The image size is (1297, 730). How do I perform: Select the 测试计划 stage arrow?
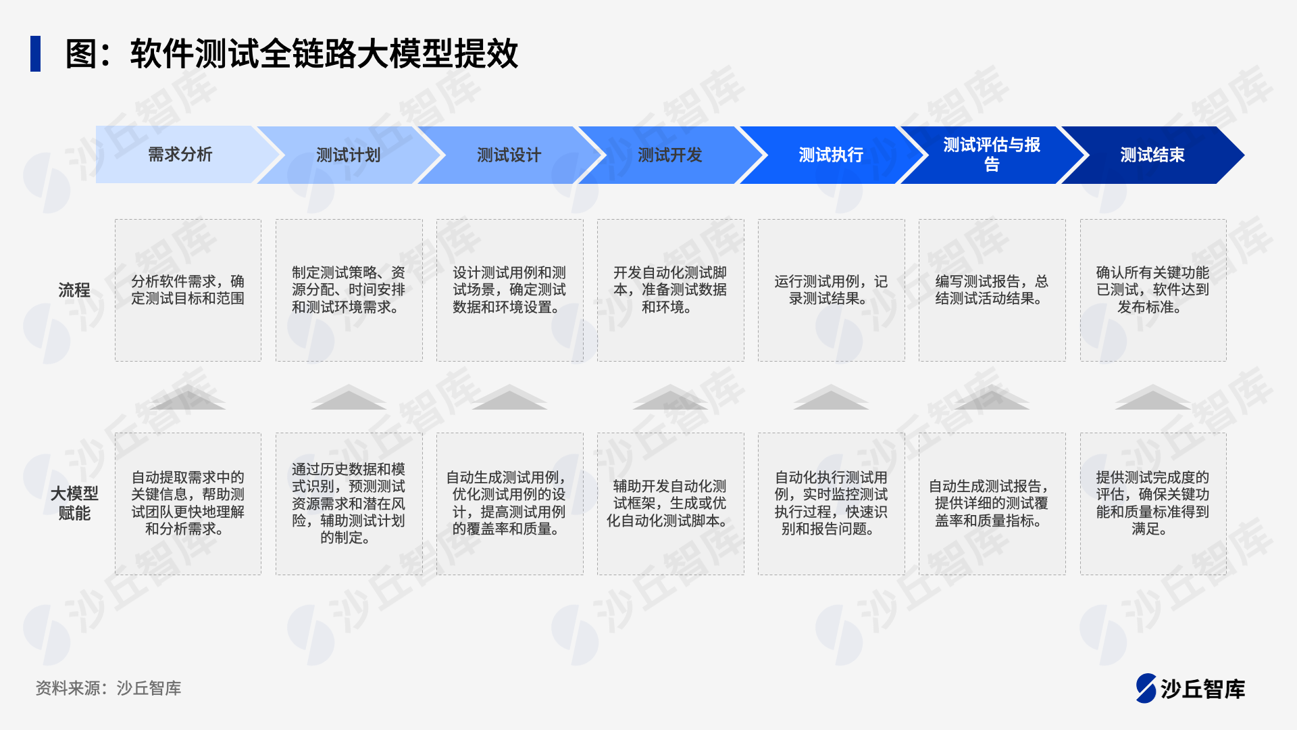[349, 155]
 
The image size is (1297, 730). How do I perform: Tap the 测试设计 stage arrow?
[509, 155]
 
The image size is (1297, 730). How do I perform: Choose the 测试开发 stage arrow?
[670, 155]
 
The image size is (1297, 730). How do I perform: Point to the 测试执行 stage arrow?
[831, 155]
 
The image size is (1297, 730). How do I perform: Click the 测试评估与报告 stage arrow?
[992, 155]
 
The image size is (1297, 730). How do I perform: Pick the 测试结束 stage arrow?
[1152, 155]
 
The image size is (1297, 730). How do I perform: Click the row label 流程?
[74, 290]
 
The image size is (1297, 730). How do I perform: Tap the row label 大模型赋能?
[74, 503]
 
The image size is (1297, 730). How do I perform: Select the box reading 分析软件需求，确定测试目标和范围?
[188, 290]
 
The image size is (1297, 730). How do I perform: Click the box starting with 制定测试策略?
[349, 290]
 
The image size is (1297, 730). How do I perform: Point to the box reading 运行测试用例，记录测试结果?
[832, 290]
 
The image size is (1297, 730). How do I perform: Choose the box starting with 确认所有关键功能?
[1153, 290]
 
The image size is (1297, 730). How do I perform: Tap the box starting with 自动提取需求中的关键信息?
[188, 504]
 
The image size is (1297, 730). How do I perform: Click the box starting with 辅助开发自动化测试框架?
[671, 504]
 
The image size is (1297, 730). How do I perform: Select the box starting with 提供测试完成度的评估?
[1153, 504]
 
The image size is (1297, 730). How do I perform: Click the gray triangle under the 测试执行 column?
[831, 397]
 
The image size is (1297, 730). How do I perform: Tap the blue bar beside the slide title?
[35, 53]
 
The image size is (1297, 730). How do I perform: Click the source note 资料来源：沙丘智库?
[108, 688]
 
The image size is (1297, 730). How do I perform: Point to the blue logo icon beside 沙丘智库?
[1146, 688]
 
